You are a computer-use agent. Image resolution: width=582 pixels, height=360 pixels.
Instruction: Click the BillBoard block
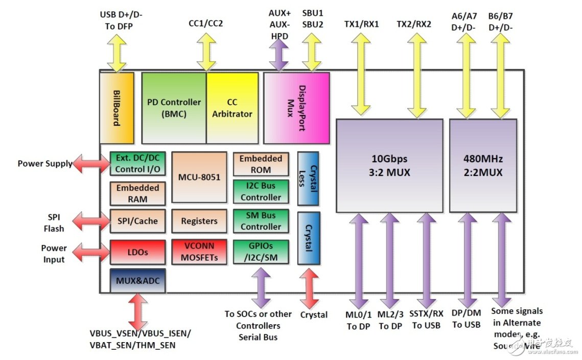coord(117,108)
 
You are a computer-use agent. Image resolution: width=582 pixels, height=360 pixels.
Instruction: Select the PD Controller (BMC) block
coord(174,108)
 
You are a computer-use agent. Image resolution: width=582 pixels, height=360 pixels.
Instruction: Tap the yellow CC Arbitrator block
coord(232,108)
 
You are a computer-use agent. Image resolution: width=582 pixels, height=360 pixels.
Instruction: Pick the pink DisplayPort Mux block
coord(296,108)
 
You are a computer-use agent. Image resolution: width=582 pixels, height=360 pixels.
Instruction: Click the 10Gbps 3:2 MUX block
coord(389,165)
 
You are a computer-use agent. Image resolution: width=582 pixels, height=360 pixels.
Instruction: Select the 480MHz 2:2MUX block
coord(483,165)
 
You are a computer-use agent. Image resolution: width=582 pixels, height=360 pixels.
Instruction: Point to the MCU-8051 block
coord(199,177)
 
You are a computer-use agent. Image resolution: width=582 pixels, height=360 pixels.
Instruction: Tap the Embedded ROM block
coord(261,164)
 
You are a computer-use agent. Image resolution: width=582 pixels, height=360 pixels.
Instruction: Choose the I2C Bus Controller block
coord(261,192)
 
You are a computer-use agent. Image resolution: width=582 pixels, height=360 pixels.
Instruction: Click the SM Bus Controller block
coord(261,221)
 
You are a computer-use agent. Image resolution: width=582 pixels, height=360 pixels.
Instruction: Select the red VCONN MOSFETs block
coord(199,252)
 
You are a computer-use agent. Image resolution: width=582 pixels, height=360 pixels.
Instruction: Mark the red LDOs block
coord(137,252)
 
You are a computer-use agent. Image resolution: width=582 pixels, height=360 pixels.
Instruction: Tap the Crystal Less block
coord(308,178)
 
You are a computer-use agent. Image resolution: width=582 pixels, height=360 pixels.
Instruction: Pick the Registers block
coord(199,221)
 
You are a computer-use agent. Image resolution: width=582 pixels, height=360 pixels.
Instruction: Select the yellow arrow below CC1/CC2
coord(206,52)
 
